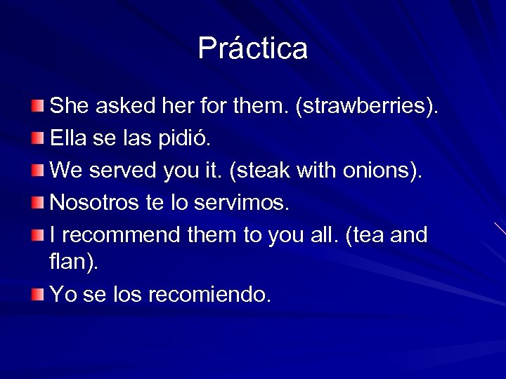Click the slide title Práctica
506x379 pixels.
(x=252, y=48)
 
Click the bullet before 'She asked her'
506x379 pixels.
(x=37, y=106)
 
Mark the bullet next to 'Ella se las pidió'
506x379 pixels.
(x=37, y=138)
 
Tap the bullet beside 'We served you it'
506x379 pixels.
(x=37, y=170)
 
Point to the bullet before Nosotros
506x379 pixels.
(x=37, y=202)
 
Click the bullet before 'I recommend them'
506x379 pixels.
(x=37, y=234)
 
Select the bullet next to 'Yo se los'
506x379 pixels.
(x=37, y=294)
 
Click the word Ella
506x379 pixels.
(x=65, y=138)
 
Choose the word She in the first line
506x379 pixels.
(x=69, y=107)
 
